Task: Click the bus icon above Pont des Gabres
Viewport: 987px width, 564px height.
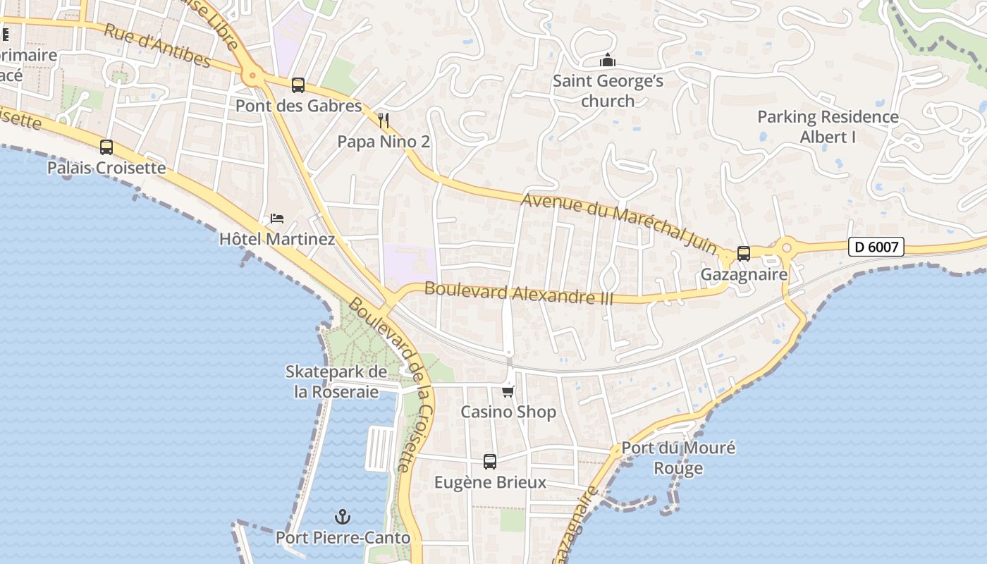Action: pyautogui.click(x=298, y=85)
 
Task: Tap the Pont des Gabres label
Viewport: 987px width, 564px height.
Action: pyautogui.click(x=298, y=106)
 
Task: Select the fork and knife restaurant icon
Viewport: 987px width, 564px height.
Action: pyautogui.click(x=384, y=120)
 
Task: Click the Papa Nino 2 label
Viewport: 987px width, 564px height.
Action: pyautogui.click(x=384, y=142)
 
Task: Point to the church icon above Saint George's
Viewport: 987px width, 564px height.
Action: pyautogui.click(x=608, y=61)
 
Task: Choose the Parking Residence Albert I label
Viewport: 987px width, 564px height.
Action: pyautogui.click(x=828, y=127)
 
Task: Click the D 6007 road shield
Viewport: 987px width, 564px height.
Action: pyautogui.click(x=876, y=247)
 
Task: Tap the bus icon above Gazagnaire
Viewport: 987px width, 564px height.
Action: pyautogui.click(x=744, y=254)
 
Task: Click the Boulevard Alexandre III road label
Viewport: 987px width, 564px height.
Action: pyautogui.click(x=519, y=293)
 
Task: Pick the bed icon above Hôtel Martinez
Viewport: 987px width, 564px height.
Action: pyautogui.click(x=277, y=219)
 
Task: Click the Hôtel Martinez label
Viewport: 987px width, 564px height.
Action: pyautogui.click(x=277, y=239)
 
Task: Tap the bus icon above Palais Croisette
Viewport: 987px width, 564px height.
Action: pyautogui.click(x=106, y=147)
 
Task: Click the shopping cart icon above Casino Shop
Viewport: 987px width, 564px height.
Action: pyautogui.click(x=508, y=391)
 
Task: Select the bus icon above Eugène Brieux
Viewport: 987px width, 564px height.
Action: pyautogui.click(x=490, y=462)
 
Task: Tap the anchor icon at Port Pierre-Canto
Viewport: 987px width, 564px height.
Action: pyautogui.click(x=343, y=517)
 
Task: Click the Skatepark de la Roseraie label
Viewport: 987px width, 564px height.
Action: pyautogui.click(x=336, y=381)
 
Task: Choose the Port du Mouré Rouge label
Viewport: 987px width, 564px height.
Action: pyautogui.click(x=678, y=458)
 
